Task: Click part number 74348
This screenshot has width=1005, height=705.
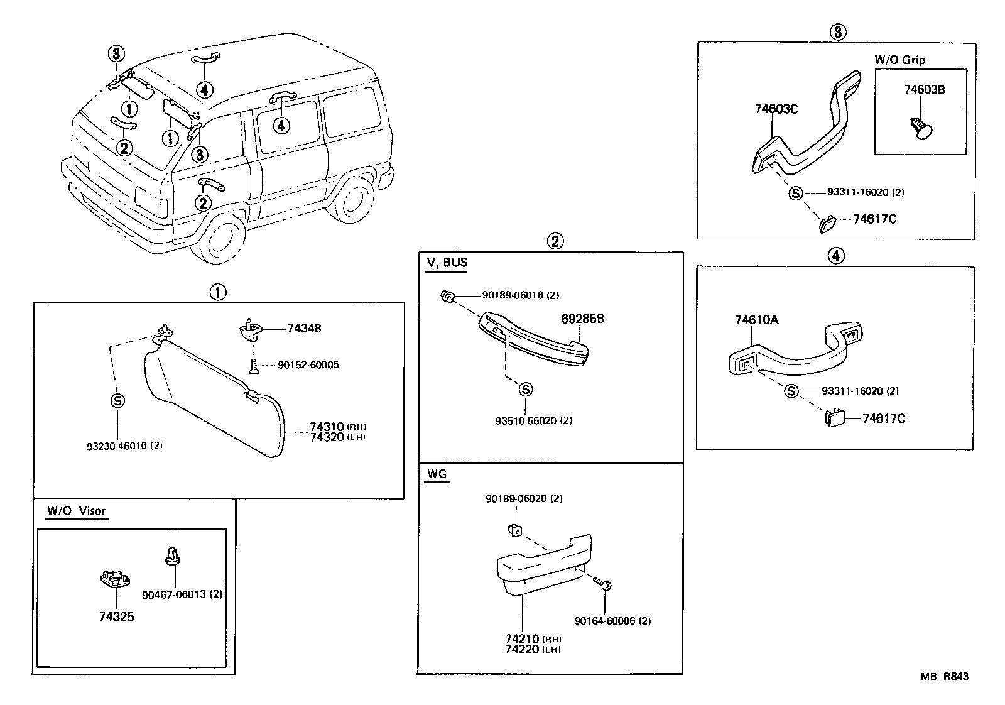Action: coord(304,329)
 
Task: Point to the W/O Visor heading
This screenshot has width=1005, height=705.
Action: coord(76,510)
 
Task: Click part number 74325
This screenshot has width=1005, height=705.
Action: coord(116,616)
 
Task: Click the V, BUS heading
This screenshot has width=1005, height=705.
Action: coord(447,262)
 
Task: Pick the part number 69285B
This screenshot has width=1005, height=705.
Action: coord(582,319)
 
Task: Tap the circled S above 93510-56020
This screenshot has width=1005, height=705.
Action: coord(526,390)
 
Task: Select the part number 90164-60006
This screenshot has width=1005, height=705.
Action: coord(612,621)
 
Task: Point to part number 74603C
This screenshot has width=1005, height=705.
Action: coord(776,109)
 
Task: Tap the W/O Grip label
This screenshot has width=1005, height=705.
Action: coord(899,60)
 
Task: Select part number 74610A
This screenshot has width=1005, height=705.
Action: coord(756,320)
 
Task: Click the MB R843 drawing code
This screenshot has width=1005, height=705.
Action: coord(944,677)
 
